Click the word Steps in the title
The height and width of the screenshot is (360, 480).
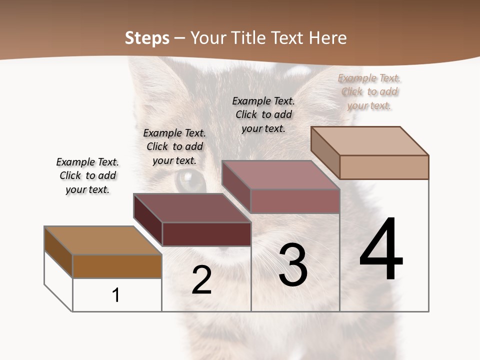147,38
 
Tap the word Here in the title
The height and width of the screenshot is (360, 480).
328,38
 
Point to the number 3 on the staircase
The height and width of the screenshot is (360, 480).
293,265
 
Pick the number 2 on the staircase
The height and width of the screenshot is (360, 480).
201,280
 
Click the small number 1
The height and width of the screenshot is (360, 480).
116,295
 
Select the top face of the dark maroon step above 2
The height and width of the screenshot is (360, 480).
192,208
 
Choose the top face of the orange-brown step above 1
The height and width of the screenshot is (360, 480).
103,240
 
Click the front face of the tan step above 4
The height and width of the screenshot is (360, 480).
384,167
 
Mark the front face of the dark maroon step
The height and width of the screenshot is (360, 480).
206,234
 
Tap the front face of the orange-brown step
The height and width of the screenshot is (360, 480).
117,266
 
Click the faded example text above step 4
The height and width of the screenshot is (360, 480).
369,91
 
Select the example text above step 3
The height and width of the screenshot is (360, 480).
263,114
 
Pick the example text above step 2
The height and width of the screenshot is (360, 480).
174,146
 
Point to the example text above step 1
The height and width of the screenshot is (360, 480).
87,175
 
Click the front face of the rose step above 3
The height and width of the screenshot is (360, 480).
295,201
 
